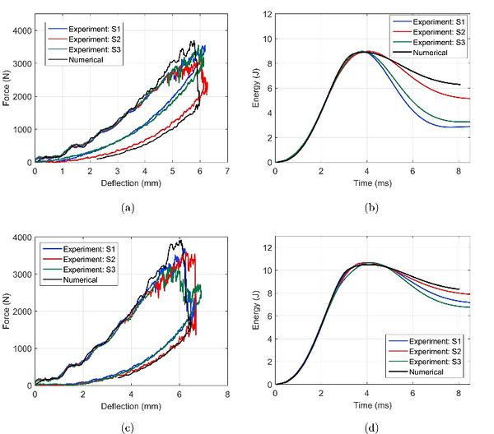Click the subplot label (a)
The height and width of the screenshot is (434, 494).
point(127,208)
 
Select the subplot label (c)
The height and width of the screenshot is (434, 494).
point(127,427)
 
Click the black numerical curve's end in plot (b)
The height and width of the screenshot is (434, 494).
point(459,85)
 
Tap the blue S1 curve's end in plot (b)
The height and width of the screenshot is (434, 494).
point(469,127)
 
